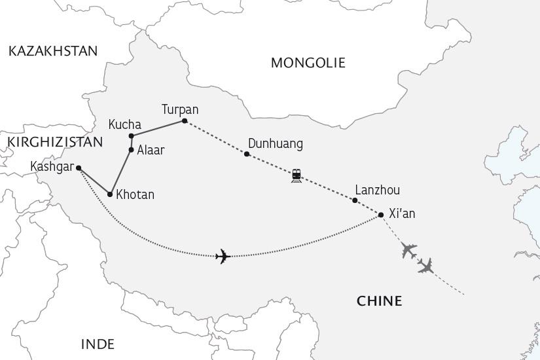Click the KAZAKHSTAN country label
(x=53, y=51)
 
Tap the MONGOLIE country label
(x=308, y=63)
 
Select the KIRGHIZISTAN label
(x=55, y=142)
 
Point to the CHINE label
(x=379, y=301)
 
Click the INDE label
(x=98, y=344)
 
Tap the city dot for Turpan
(x=185, y=121)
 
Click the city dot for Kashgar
(x=79, y=168)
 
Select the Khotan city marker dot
(x=110, y=194)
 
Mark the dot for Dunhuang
(x=247, y=154)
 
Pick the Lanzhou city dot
(x=355, y=200)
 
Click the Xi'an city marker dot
(x=381, y=214)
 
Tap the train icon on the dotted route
(x=297, y=175)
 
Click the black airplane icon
(x=223, y=256)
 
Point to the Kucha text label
(x=125, y=124)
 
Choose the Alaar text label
(x=151, y=150)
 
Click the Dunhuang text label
(x=276, y=144)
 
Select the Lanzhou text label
(x=377, y=190)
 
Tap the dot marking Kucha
(x=132, y=136)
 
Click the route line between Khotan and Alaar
(x=120, y=172)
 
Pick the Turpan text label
(x=180, y=109)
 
